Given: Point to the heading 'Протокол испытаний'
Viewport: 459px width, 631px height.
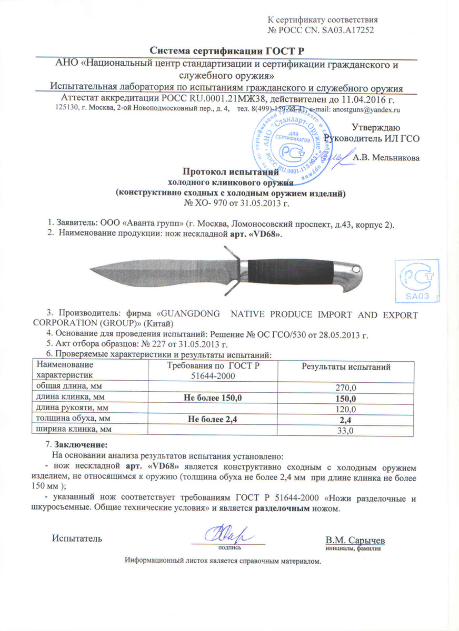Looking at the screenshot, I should tap(229, 171).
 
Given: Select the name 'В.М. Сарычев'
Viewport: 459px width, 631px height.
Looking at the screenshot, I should tap(355, 541).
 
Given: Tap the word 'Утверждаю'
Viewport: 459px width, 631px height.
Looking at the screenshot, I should tap(375, 128).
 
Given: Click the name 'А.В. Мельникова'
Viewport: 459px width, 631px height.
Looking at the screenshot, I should tap(386, 157).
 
